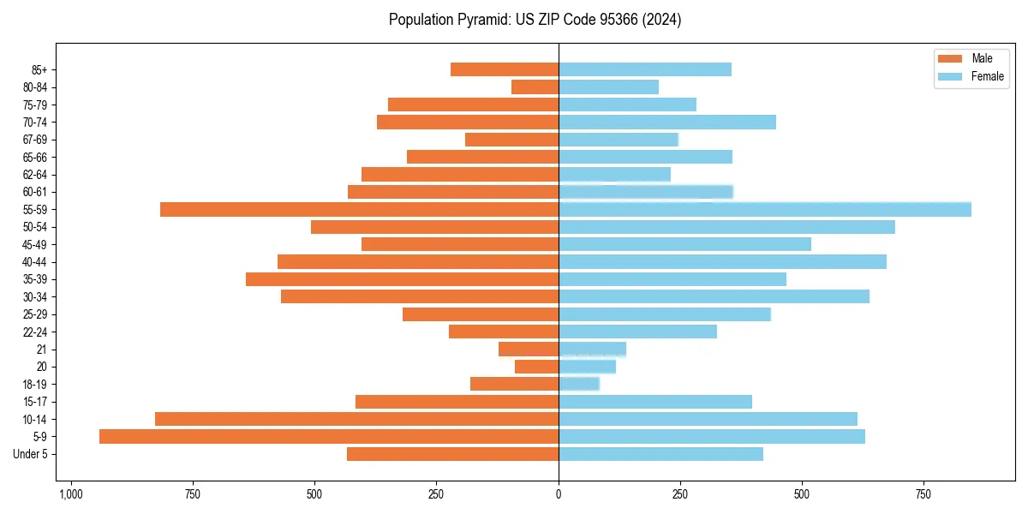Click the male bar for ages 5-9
tap(329, 437)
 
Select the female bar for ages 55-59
tap(765, 209)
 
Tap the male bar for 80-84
tap(535, 87)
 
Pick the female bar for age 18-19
tap(579, 384)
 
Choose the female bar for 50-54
tap(726, 227)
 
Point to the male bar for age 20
tap(537, 367)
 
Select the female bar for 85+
tap(645, 69)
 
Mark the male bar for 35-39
tap(402, 279)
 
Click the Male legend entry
tap(970, 58)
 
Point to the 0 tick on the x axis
tap(559, 495)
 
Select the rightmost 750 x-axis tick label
tap(923, 495)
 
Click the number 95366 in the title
tap(631, 20)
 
